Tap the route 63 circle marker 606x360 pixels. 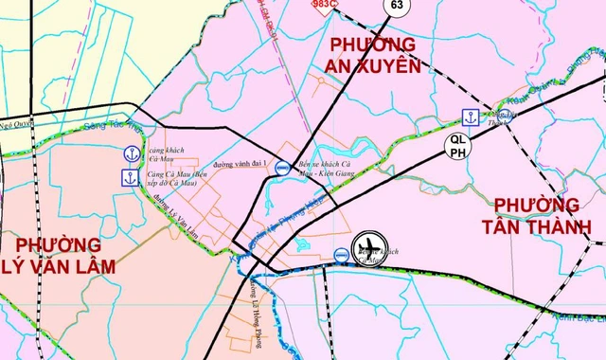pyautogui.click(x=396, y=6)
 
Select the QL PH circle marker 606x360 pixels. pyautogui.click(x=458, y=145)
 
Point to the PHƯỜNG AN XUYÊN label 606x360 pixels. pyautogui.click(x=373, y=55)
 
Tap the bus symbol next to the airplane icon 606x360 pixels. pyautogui.click(x=341, y=254)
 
